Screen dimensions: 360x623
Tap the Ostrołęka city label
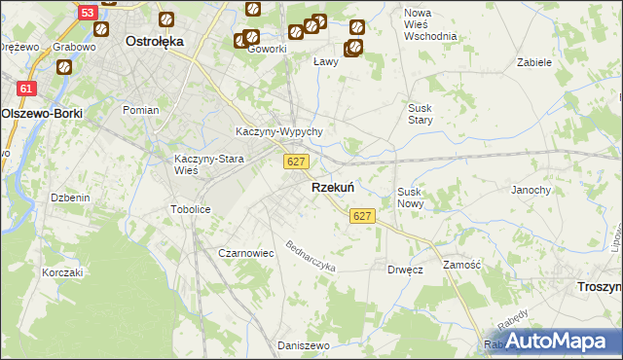156,42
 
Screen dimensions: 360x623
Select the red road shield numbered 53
89,13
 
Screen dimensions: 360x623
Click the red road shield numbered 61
27,89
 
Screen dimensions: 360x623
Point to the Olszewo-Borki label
41,113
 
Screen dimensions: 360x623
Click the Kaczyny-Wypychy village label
279,132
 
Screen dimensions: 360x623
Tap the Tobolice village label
191,209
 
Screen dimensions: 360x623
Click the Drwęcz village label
405,270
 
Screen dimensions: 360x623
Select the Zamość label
461,265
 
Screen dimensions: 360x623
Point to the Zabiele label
535,61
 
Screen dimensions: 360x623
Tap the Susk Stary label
421,114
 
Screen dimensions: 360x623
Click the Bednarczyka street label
311,257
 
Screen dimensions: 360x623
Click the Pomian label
140,110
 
